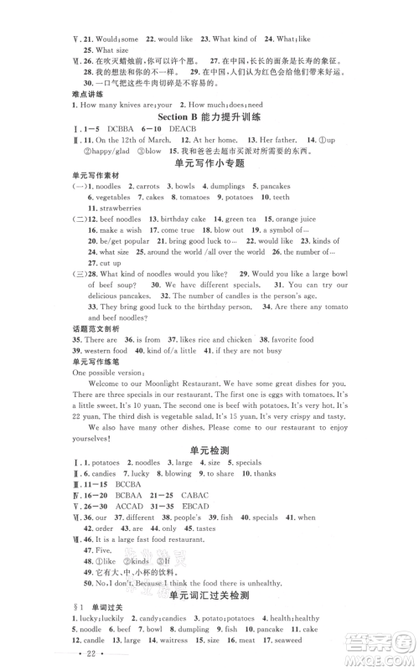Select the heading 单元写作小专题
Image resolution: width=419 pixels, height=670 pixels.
point(209,164)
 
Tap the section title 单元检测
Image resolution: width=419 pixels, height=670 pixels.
point(209,446)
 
